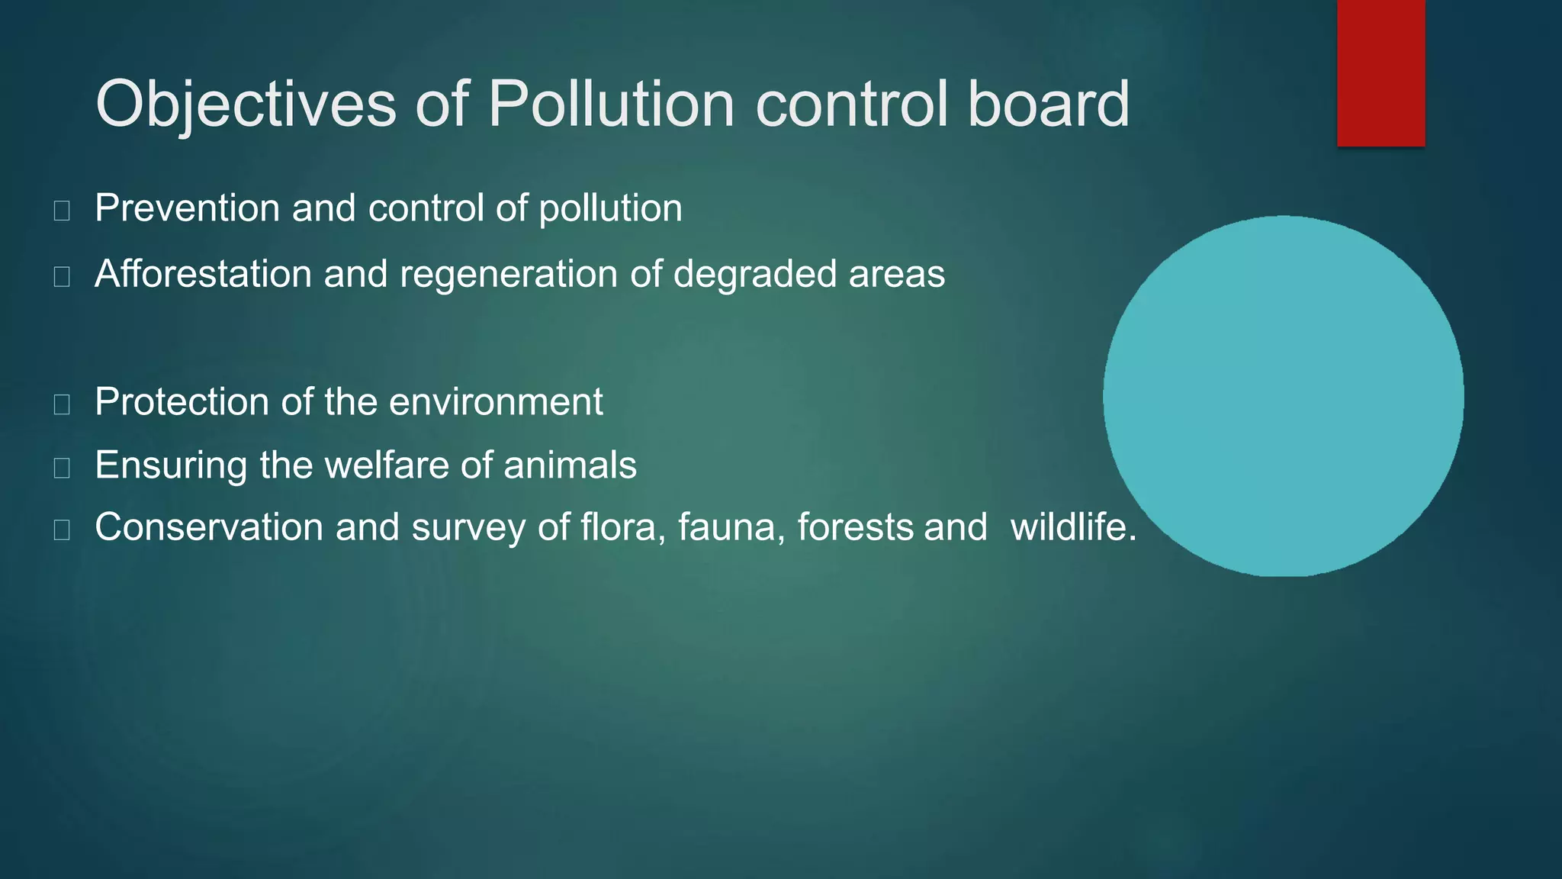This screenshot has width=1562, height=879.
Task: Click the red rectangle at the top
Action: pyautogui.click(x=1380, y=72)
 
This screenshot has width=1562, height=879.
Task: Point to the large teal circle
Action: pyautogui.click(x=1283, y=396)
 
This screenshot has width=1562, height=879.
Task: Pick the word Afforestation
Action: pyautogui.click(x=203, y=274)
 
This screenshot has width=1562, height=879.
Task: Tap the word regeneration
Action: pyautogui.click(x=508, y=274)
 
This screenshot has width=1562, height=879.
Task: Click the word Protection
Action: pyautogui.click(x=182, y=402)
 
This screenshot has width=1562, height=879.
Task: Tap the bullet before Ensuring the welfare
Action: pyautogui.click(x=62, y=468)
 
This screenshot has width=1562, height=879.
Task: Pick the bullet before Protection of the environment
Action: pyautogui.click(x=62, y=404)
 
